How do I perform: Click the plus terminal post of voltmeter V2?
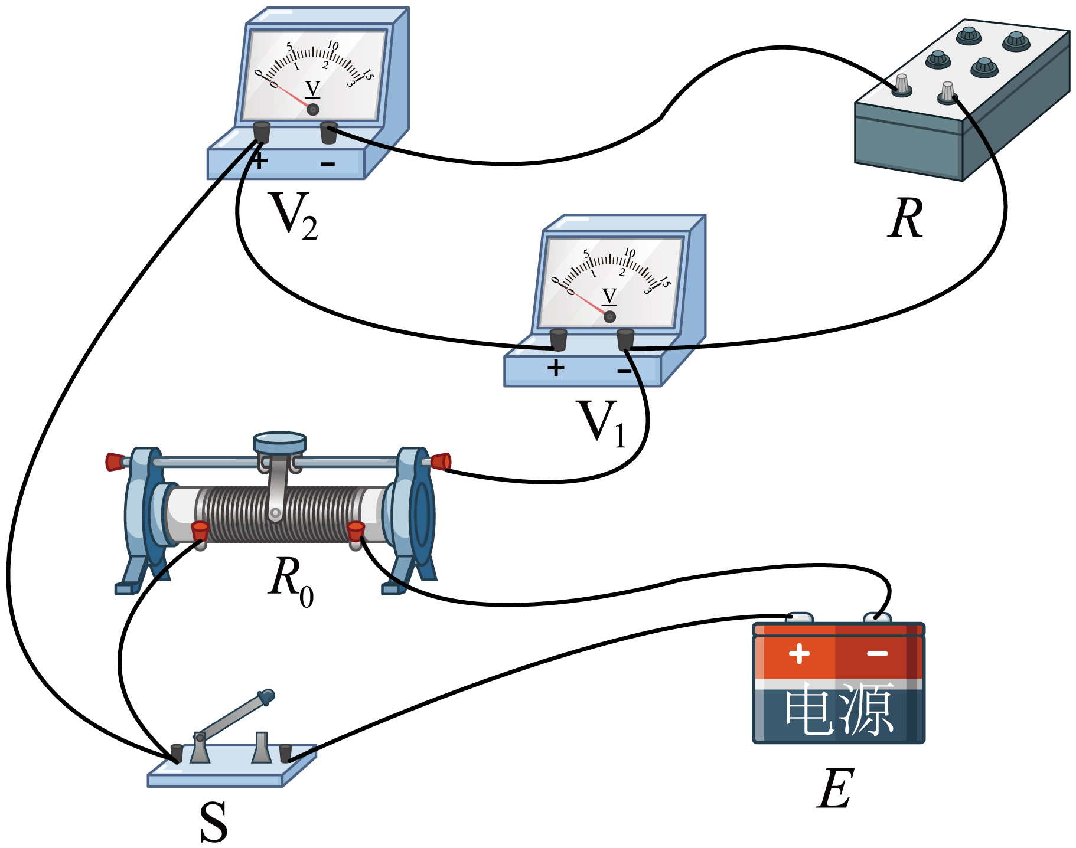coord(262,132)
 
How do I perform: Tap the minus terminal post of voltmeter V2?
coord(328,133)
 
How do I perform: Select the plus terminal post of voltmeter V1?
coord(558,340)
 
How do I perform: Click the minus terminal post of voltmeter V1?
coord(625,339)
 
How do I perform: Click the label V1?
coord(602,423)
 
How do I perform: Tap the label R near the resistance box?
coord(905,218)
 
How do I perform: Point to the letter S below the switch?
coord(214,822)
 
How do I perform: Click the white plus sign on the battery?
coord(799,654)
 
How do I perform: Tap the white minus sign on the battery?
coord(878,654)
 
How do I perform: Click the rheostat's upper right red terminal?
coord(439,461)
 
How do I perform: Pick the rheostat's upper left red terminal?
coord(116,461)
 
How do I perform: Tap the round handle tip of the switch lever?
coord(266,697)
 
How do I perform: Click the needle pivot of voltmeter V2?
coord(313,109)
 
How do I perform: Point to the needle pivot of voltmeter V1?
coord(610,317)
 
